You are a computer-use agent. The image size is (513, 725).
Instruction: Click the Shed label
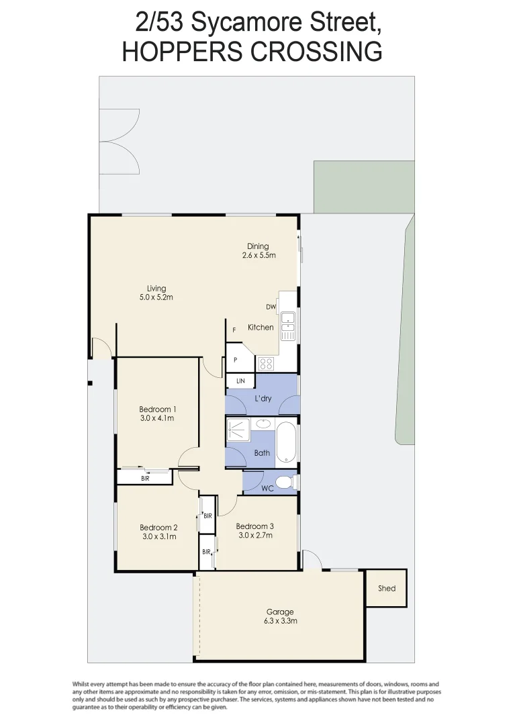pos(387,589)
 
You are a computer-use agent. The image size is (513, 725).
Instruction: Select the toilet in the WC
pos(286,482)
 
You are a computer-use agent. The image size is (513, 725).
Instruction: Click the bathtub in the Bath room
pos(287,441)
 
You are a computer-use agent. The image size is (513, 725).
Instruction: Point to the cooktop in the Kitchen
pos(266,364)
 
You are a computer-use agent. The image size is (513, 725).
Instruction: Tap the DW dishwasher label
pos(271,307)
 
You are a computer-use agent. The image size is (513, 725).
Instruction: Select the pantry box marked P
pos(236,360)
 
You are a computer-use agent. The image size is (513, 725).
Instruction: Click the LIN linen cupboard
pos(240,381)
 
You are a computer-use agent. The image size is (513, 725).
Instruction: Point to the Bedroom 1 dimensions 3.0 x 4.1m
pos(158,418)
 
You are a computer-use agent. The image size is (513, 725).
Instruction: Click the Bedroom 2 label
pos(158,527)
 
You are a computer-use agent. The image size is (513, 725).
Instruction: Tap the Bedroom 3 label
pos(254,526)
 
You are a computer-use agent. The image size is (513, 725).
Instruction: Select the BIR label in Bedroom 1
pos(145,478)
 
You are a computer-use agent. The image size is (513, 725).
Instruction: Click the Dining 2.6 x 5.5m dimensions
pos(259,255)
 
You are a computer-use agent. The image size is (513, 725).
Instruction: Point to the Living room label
pos(156,289)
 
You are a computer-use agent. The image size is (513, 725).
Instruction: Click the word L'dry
pos(263,399)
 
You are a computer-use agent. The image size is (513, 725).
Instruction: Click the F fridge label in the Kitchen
pos(234,330)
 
